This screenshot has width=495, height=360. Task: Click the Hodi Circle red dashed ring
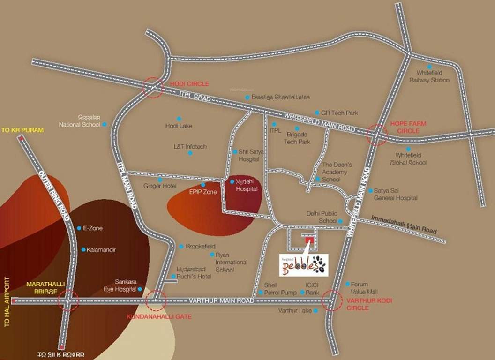(153, 88)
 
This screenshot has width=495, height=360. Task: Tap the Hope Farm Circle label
(405, 127)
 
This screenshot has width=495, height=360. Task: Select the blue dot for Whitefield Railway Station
(429, 67)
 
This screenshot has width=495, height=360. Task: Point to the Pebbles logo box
(303, 265)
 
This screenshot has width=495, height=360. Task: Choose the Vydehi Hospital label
(247, 185)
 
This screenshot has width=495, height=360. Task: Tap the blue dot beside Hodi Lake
(179, 119)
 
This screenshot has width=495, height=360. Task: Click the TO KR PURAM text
(23, 130)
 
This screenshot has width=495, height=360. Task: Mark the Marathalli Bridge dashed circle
(68, 300)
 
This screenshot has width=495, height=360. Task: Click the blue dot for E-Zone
(79, 228)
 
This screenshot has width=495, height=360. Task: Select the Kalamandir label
(102, 249)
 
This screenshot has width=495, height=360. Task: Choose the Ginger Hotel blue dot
(160, 180)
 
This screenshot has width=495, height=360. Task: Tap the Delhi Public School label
(322, 217)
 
